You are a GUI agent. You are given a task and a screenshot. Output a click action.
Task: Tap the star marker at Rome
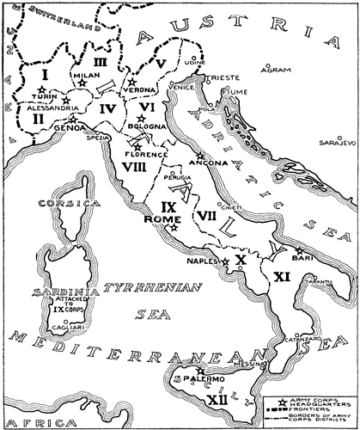click(x=173, y=229)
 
